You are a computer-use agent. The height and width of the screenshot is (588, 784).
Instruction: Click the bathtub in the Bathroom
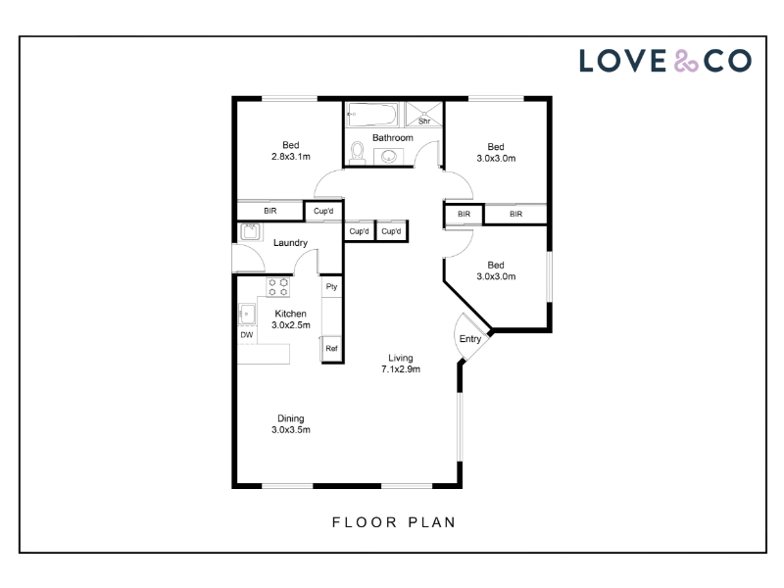372,115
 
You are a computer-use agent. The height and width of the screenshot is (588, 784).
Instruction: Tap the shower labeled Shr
424,114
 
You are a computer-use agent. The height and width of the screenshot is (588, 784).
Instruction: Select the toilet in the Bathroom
357,153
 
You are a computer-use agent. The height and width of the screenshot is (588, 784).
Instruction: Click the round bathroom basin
388,157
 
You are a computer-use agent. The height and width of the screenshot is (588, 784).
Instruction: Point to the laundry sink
250,232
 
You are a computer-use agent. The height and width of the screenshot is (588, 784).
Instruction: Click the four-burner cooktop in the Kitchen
278,287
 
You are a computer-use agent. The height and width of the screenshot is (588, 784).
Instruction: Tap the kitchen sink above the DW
247,314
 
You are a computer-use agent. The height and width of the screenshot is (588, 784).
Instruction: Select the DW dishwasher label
247,335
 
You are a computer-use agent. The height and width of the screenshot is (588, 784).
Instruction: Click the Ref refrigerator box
331,349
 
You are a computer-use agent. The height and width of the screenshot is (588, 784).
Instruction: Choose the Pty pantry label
331,286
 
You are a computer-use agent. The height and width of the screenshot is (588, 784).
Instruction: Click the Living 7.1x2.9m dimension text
401,369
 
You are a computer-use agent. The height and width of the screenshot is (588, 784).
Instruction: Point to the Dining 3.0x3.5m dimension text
290,430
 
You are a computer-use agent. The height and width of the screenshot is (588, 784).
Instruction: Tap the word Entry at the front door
470,338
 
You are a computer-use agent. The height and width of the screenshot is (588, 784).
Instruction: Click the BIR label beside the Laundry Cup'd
270,211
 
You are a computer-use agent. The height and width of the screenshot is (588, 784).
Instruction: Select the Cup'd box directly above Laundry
323,211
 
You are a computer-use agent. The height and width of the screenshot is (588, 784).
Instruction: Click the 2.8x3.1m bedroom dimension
290,157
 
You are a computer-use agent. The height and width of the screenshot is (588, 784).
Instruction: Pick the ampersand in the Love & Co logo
685,61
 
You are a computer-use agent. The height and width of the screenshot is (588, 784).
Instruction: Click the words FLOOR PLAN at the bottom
394,522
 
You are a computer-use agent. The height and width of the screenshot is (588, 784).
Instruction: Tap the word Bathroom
393,137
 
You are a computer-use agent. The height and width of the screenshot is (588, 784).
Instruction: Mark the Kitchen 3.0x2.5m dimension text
290,325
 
